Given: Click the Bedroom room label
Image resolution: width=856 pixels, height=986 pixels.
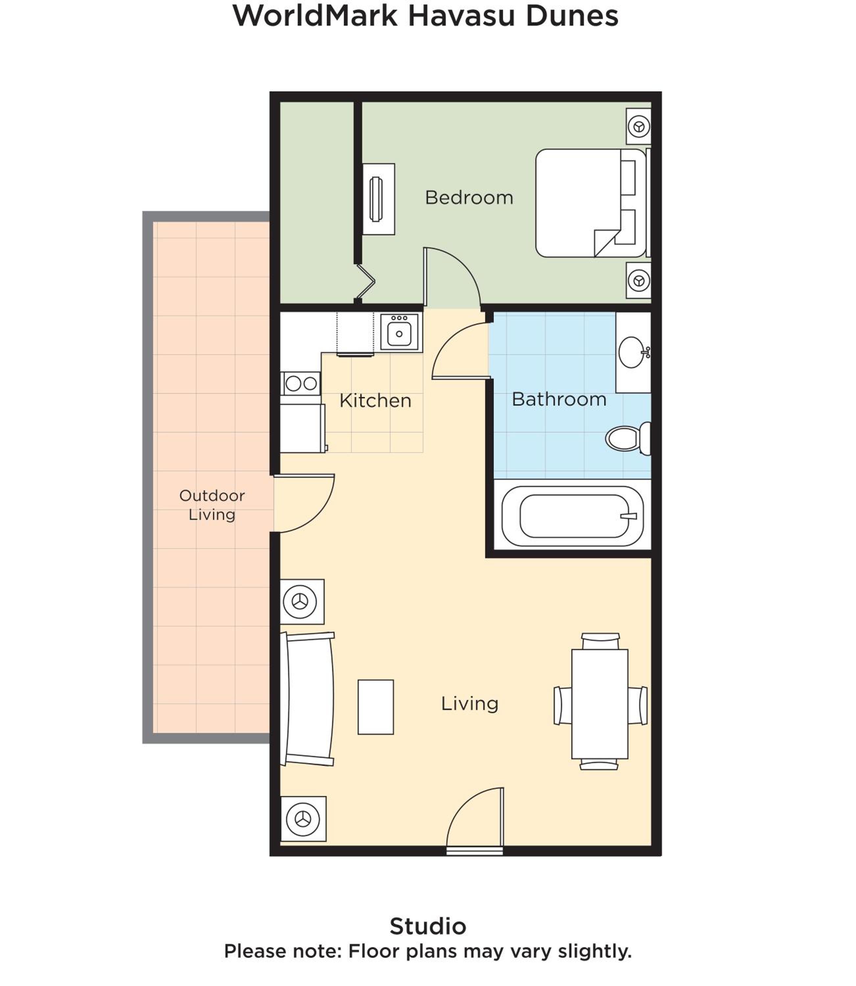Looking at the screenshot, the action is [x=469, y=198].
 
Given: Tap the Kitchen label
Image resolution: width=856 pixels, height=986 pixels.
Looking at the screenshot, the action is [x=375, y=401].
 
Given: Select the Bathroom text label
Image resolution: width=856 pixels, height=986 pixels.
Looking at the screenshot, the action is [x=559, y=399].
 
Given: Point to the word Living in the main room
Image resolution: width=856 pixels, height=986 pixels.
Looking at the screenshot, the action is [x=469, y=703].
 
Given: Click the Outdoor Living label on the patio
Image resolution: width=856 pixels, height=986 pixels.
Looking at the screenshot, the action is [x=212, y=505].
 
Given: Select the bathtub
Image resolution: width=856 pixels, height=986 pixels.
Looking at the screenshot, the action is [x=572, y=516].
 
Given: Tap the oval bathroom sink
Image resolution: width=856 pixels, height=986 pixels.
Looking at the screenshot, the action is [x=631, y=352].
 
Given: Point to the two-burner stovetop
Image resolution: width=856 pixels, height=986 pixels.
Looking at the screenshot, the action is [x=301, y=383].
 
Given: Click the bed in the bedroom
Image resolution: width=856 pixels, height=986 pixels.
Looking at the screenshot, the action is [x=591, y=203].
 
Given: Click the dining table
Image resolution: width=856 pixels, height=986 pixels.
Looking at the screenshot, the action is [x=600, y=704].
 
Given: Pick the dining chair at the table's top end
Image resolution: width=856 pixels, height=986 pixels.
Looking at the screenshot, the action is [x=601, y=641].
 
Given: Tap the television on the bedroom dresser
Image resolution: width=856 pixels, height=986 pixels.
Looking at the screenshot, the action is [x=376, y=199].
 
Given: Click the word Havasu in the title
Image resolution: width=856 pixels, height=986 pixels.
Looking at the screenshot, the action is [x=462, y=16].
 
